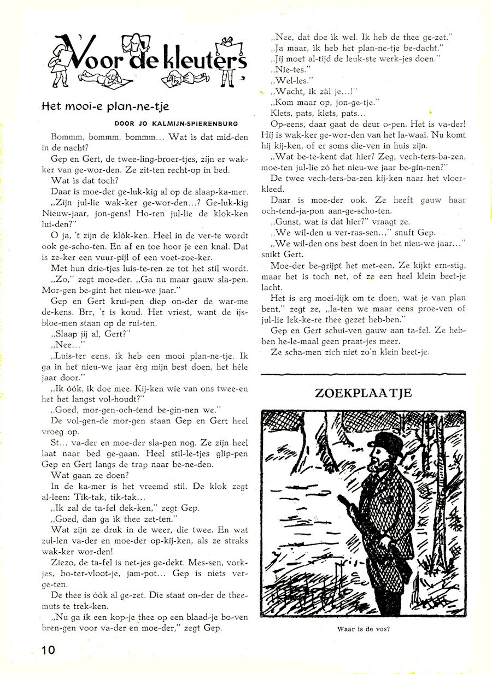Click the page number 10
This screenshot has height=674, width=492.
tap(48, 649)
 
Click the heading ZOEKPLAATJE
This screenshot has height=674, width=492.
tap(363, 393)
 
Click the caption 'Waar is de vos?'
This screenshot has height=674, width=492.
tap(364, 629)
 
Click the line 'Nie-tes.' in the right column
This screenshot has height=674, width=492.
tap(286, 70)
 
